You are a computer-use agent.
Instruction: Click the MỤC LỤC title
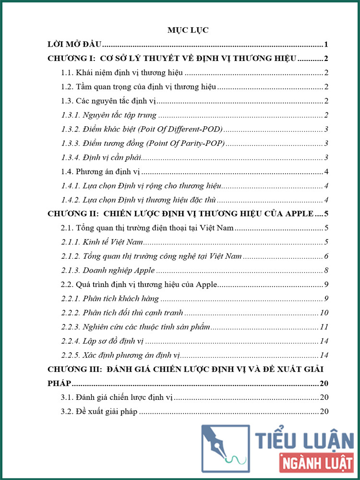(x=181, y=30)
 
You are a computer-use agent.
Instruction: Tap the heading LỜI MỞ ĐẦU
(x=75, y=45)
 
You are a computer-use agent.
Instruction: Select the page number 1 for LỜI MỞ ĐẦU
(x=326, y=45)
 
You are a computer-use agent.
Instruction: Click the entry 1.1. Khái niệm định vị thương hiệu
(x=123, y=73)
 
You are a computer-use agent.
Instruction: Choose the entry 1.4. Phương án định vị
(x=100, y=172)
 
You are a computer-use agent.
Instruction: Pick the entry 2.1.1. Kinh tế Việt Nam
(x=100, y=242)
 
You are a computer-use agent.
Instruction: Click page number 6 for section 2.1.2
(x=326, y=256)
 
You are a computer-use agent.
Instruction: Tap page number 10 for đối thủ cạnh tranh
(x=324, y=313)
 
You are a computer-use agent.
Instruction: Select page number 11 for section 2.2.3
(x=324, y=327)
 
